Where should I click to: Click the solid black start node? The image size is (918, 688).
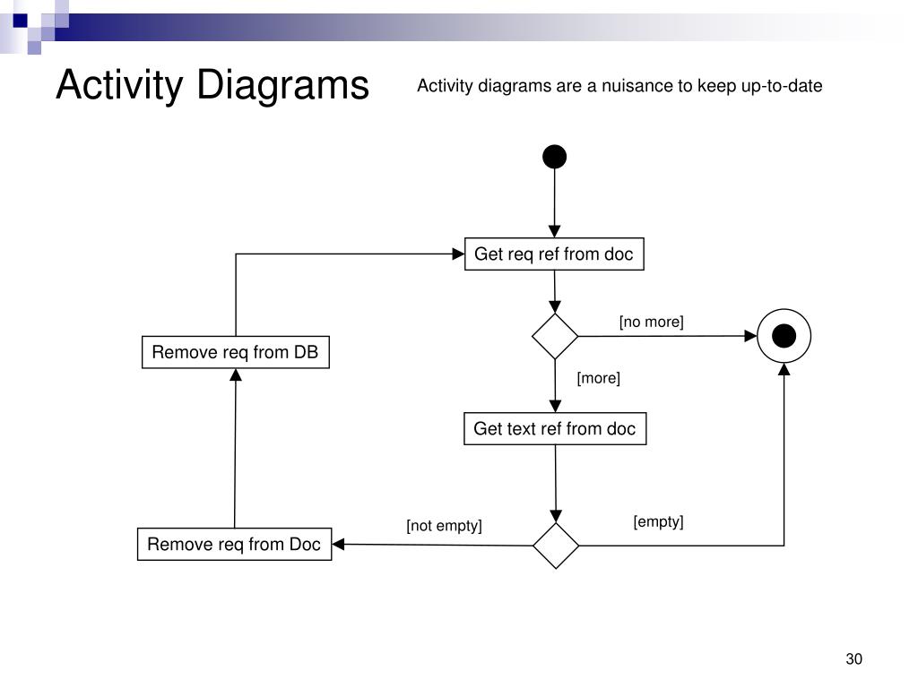point(554,157)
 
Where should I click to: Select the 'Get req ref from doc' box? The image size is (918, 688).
point(554,254)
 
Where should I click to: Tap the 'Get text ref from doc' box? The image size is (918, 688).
point(555,429)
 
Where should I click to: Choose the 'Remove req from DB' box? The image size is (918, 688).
point(236,352)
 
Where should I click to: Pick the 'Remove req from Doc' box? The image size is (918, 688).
point(234,544)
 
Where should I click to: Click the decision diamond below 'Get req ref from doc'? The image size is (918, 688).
point(555,337)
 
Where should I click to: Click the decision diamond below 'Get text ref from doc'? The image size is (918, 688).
point(556,546)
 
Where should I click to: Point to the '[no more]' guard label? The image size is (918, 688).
point(652,322)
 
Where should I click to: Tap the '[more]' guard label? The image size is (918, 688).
point(598,378)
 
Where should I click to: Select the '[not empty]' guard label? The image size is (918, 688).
point(445,525)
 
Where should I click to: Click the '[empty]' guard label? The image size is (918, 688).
point(659,521)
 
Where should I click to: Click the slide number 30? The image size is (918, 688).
point(854,658)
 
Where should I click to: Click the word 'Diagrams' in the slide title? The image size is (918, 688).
point(282,85)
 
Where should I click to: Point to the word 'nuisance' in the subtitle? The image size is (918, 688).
point(637,86)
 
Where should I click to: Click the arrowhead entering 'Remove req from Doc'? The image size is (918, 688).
point(338,544)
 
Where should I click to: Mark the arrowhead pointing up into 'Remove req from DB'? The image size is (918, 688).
point(236,375)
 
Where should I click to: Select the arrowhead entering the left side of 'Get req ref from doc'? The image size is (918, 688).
point(458,254)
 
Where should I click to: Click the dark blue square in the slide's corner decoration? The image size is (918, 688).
point(20,21)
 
